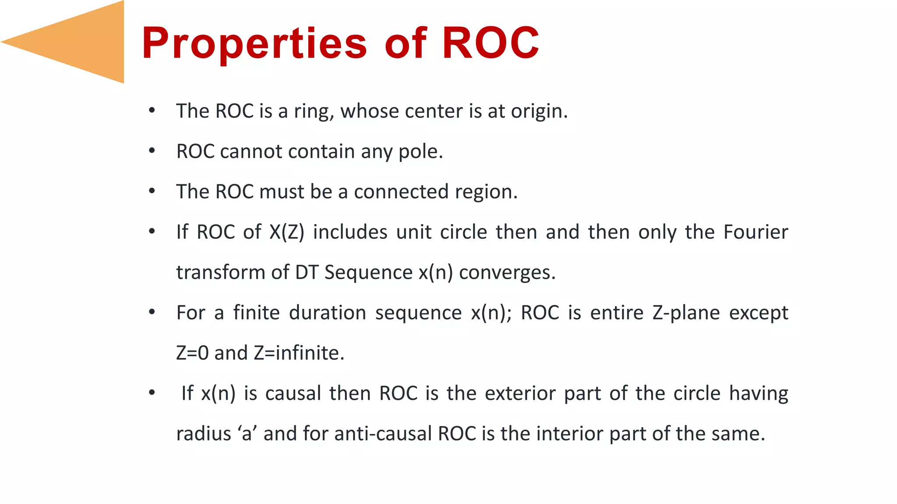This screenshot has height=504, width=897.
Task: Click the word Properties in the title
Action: (254, 43)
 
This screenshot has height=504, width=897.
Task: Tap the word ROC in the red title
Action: (491, 43)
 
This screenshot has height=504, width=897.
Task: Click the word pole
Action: (420, 152)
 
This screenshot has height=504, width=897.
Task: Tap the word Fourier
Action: (756, 232)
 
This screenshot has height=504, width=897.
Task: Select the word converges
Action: (507, 273)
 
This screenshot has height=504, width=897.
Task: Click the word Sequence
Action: (368, 273)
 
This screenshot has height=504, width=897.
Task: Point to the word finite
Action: (256, 313)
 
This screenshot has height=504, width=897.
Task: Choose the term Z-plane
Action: (686, 313)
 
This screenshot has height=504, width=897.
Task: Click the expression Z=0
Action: (192, 353)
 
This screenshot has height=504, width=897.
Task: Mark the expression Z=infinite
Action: (299, 353)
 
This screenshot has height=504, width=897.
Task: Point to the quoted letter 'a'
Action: (247, 434)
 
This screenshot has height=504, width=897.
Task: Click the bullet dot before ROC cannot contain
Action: (152, 151)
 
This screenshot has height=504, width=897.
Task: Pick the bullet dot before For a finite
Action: (152, 312)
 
